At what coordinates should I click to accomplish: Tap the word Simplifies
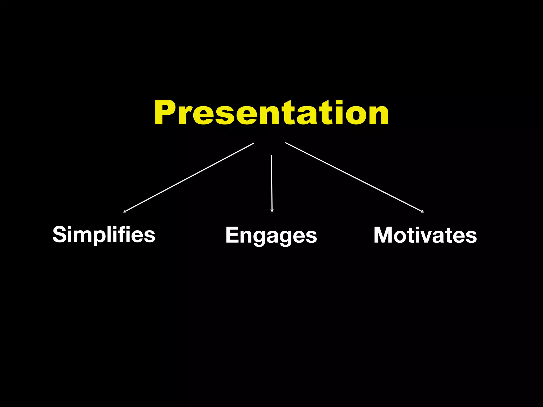coord(104,234)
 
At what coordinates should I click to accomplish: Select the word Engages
coord(271,235)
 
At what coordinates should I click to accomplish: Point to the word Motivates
coord(425,235)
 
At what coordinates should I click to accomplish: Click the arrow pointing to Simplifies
coord(189,178)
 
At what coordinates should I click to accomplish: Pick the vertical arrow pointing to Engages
coord(271,183)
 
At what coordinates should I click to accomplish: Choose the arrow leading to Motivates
coord(354,177)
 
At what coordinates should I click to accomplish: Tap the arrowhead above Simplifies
coord(125,211)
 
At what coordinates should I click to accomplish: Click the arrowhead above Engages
coord(272,211)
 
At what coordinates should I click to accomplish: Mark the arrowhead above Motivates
coord(423,211)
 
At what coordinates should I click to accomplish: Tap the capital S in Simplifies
coord(59,234)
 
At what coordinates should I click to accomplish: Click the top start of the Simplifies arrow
coord(253,143)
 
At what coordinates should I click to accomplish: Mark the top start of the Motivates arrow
coord(286,143)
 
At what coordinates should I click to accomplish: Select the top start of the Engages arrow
coord(271,155)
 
